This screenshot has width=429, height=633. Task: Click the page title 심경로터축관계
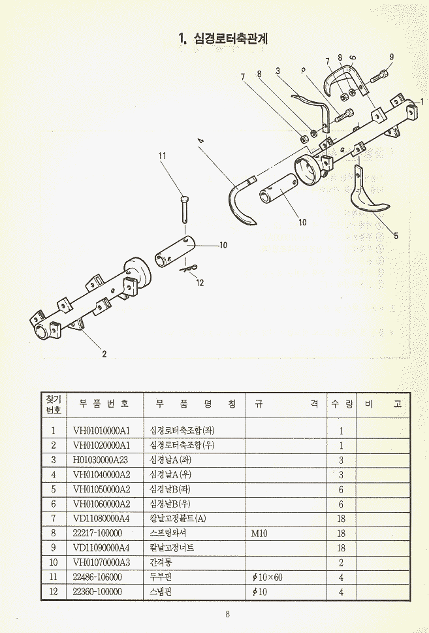223,39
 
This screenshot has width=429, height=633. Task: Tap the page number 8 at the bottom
227,613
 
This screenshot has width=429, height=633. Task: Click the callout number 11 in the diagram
163,155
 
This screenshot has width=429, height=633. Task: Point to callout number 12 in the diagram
200,283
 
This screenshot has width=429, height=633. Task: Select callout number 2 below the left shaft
104,354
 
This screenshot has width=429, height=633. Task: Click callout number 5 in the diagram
396,236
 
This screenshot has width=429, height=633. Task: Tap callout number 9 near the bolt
392,57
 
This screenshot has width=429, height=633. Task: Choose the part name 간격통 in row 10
161,562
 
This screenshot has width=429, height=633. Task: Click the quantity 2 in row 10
341,562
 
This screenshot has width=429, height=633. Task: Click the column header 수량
341,404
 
